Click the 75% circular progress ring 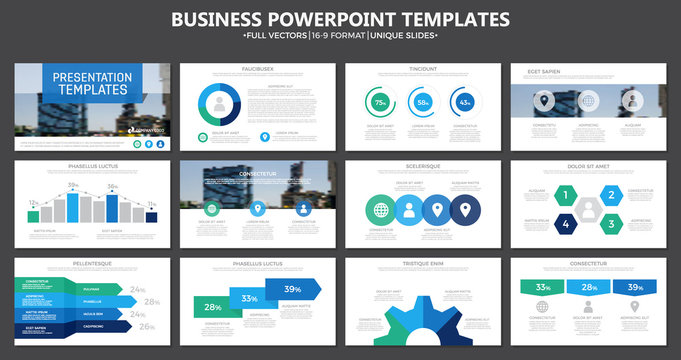pos(381,103)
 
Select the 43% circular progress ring pos(464,103)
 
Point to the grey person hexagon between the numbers pos(588,209)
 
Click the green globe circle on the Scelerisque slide pos(381,211)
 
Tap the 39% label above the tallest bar pos(73,186)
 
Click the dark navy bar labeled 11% pos(151,216)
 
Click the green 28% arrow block pos(214,307)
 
